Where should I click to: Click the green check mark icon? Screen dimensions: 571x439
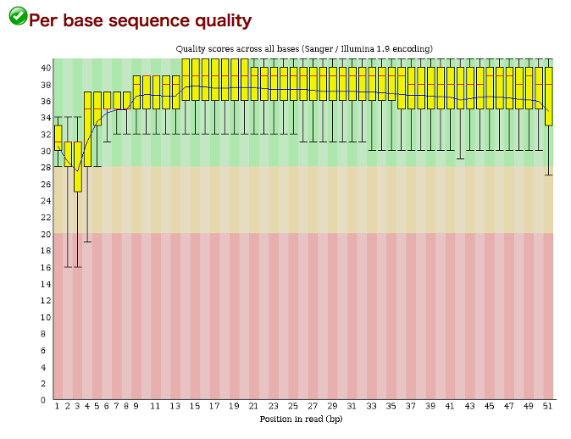pos(18,16)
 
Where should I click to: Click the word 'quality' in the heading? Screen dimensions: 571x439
pos(223,21)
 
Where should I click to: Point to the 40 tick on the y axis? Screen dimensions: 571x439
pos(46,68)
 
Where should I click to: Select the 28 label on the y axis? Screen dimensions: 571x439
pos(46,167)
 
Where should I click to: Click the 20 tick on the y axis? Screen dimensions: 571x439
pos(46,234)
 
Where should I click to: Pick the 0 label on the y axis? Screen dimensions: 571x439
pos(43,400)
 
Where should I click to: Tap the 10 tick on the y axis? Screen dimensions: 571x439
pos(46,317)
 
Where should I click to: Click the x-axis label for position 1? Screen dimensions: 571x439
pos(57,406)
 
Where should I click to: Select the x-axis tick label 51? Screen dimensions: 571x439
pos(547,406)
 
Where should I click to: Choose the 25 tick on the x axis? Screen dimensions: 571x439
pos(293,406)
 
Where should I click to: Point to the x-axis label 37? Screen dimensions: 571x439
pos(410,406)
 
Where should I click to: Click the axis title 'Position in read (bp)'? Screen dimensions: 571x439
pos(301,419)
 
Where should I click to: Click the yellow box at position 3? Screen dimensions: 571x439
pos(78,167)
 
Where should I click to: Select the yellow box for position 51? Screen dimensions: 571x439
pos(549,97)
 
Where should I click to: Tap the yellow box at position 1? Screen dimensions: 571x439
pos(58,137)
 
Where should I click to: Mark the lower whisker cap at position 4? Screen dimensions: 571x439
pos(87,242)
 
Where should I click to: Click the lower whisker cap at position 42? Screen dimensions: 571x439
pos(460,158)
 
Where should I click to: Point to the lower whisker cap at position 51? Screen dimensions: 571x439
pos(549,175)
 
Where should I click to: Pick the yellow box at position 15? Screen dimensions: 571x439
pos(196,80)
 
